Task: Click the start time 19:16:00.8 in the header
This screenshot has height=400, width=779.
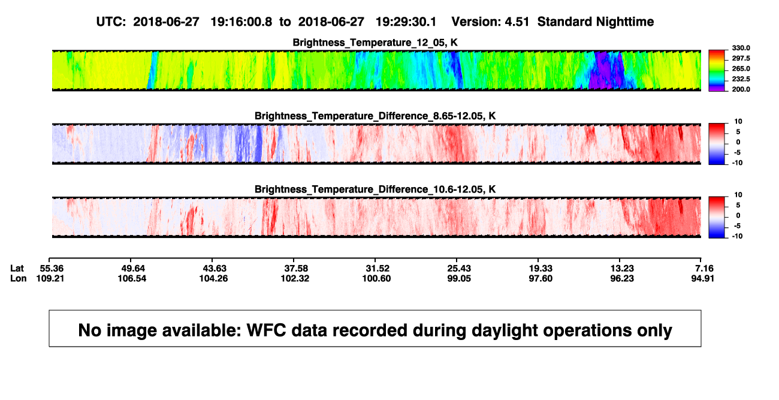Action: pyautogui.click(x=241, y=22)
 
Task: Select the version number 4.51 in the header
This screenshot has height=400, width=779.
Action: pyautogui.click(x=517, y=22)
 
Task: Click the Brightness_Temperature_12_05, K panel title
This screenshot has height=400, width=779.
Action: pyautogui.click(x=375, y=43)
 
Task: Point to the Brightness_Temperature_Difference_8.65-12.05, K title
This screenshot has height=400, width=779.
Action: pyautogui.click(x=375, y=116)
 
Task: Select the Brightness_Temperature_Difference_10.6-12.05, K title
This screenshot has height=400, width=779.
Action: pyautogui.click(x=375, y=190)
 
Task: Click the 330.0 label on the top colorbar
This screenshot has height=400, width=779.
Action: pyautogui.click(x=741, y=48)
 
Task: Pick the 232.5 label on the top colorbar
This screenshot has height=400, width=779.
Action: pyautogui.click(x=741, y=79)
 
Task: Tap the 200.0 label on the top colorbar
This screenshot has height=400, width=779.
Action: pyautogui.click(x=741, y=89)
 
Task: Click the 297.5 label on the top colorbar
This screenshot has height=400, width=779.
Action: pyautogui.click(x=741, y=59)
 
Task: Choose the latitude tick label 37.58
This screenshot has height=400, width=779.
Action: pyautogui.click(x=296, y=269)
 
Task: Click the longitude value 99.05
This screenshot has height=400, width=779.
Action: pyautogui.click(x=459, y=278)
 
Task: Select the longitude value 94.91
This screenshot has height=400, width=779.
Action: pyautogui.click(x=702, y=278)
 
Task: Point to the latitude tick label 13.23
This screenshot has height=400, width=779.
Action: pyautogui.click(x=622, y=269)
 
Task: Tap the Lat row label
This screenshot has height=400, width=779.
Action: pyautogui.click(x=17, y=269)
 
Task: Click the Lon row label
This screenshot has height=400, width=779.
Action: pyautogui.click(x=19, y=278)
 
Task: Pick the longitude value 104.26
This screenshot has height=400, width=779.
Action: pyautogui.click(x=213, y=278)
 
